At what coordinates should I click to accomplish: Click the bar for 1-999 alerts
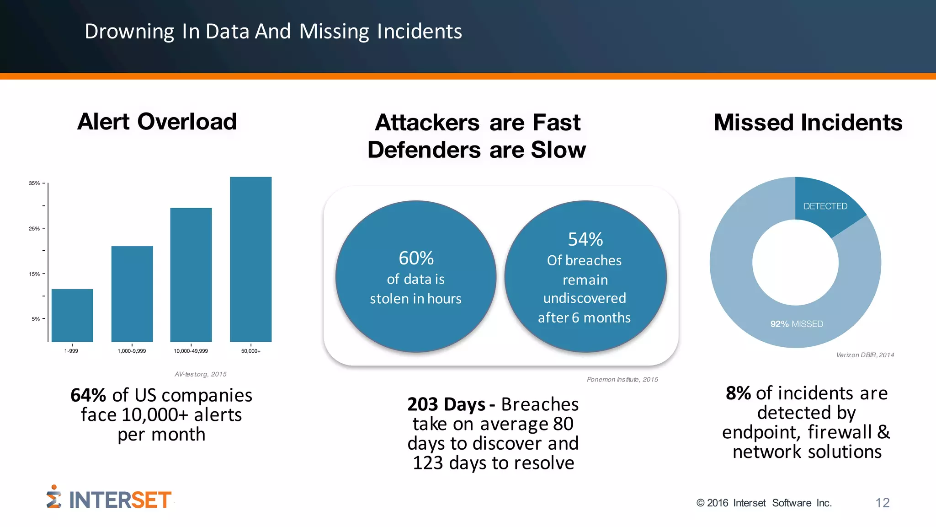72,315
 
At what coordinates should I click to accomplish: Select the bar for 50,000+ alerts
250,259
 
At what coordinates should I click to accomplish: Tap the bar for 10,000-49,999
191,274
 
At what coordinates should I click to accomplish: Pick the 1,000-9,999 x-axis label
132,351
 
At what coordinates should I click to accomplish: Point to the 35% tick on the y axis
35,183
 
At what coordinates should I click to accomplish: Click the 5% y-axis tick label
36,319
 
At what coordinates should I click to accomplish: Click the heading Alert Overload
157,122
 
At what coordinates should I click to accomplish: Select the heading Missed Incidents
808,123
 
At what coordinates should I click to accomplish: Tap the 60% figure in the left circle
416,258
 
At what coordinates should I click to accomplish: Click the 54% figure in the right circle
585,239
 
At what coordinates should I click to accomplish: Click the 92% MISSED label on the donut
796,324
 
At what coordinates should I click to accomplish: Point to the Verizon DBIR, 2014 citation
865,355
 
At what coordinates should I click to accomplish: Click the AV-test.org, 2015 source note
200,374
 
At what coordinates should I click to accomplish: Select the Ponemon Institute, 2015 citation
622,379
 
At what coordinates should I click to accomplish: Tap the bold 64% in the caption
88,395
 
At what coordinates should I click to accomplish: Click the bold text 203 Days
446,404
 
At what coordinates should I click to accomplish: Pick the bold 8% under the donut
738,393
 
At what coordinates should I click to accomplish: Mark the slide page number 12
882,503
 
